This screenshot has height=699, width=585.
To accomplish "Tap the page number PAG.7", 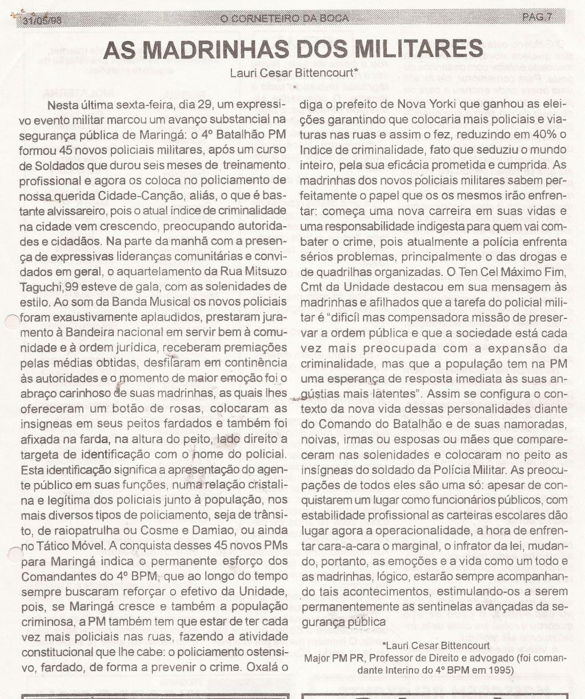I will point(536,17).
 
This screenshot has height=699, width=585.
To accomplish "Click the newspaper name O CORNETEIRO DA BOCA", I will point(283,18).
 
